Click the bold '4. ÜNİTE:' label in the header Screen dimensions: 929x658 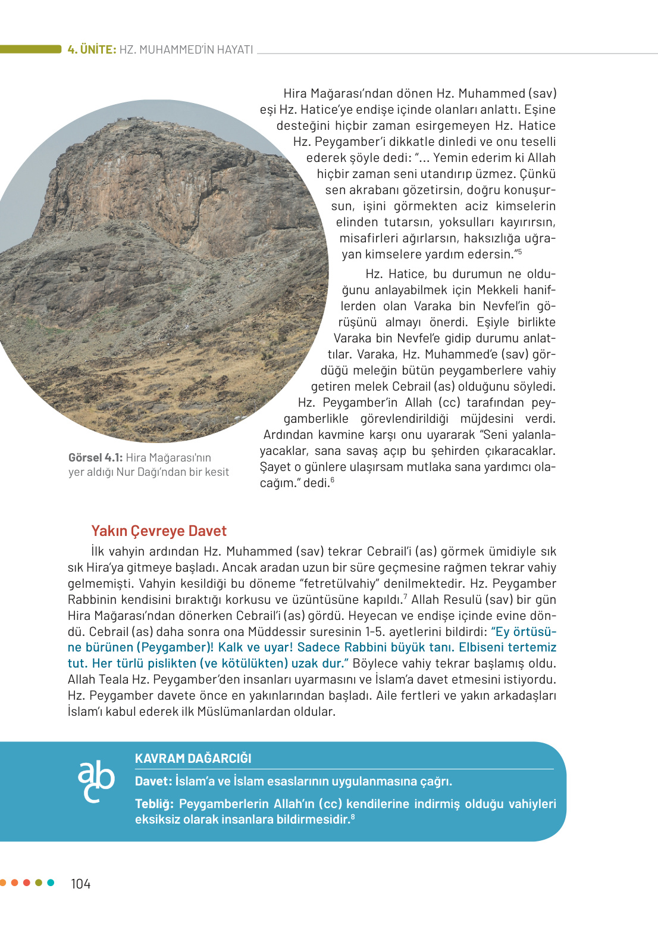(x=92, y=49)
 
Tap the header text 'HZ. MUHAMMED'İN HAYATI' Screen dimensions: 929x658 (x=186, y=49)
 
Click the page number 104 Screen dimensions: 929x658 (x=80, y=884)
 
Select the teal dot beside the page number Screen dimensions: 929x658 (x=51, y=883)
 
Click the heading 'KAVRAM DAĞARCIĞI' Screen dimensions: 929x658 (x=193, y=758)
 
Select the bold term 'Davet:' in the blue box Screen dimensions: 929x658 (x=153, y=781)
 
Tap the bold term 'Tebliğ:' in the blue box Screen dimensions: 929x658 (x=154, y=803)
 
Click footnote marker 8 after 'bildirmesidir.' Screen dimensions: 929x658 (x=353, y=816)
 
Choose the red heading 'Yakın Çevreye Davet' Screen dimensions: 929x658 (x=159, y=531)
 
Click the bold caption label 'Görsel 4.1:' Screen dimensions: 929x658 (x=95, y=457)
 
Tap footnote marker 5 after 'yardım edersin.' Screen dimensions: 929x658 (x=519, y=252)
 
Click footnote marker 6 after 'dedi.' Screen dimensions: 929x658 (x=333, y=480)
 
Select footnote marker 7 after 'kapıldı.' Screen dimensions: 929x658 (x=405, y=596)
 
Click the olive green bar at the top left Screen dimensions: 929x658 (x=30, y=49)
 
